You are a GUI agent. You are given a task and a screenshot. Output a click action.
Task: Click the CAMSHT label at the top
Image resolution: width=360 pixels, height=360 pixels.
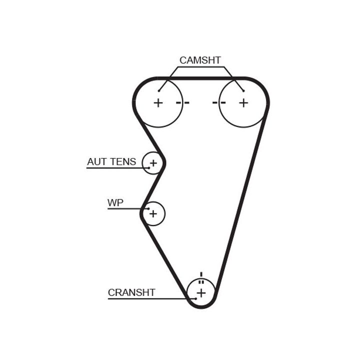coord(200,60)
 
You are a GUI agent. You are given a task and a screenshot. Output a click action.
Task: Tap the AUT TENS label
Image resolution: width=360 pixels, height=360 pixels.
coord(111,162)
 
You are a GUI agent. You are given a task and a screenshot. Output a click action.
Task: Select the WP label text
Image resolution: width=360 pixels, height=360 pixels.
coord(115,203)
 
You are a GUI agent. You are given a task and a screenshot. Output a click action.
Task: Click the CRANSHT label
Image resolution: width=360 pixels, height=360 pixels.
coord(131,292)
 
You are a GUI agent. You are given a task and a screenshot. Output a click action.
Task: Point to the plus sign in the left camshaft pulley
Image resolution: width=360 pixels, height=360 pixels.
coord(158,103)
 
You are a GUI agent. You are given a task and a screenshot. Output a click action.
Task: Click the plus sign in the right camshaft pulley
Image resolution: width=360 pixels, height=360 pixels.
coord(243,103)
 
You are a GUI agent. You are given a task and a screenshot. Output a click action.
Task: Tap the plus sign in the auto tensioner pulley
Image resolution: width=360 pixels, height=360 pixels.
coord(153,163)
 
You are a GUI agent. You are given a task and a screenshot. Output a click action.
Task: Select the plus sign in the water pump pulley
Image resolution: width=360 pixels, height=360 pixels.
coord(153,214)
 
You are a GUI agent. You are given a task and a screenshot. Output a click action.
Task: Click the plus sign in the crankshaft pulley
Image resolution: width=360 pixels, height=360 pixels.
coord(201,292)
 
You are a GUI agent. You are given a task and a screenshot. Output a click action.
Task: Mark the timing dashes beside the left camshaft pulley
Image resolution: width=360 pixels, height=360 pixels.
coord(183,103)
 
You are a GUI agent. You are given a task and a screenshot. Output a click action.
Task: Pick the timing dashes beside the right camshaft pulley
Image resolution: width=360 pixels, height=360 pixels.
coord(219,103)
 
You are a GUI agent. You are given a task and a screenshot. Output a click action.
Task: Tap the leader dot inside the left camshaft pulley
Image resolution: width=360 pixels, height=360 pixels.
coord(159,90)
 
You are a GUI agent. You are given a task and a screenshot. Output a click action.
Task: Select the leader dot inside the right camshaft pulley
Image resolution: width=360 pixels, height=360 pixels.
coord(243,90)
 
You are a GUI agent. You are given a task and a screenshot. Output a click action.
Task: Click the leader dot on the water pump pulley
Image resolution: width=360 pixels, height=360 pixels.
coord(148,208)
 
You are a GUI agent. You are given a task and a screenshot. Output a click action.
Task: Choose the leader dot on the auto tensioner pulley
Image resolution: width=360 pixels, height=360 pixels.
coord(148,167)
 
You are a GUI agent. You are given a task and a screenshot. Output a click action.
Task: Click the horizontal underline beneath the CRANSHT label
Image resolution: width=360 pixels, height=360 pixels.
coord(150,299)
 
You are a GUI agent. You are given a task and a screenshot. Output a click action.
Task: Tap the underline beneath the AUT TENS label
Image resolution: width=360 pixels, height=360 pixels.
coord(117,168)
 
